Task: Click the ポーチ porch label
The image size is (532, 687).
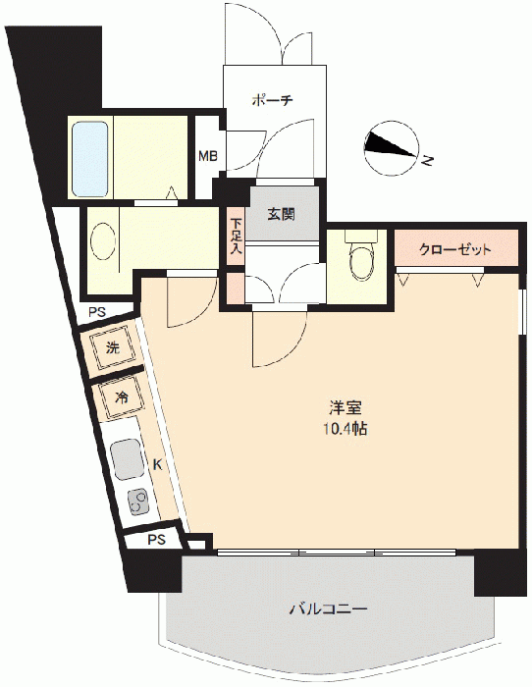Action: (x=272, y=100)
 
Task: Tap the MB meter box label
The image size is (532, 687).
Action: (x=208, y=156)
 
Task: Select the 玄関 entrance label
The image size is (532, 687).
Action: (x=282, y=214)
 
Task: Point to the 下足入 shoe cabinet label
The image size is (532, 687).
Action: (x=237, y=237)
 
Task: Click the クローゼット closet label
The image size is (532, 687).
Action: (x=455, y=249)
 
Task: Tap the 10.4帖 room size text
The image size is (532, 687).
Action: (x=346, y=430)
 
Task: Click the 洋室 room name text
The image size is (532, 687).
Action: (x=346, y=408)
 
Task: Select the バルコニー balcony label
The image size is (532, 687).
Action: (x=328, y=608)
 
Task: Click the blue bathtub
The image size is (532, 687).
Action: (x=90, y=159)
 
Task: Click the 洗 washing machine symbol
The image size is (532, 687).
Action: (x=113, y=348)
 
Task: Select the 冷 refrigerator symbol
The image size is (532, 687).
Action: (x=122, y=397)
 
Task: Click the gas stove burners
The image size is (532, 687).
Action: (x=139, y=502)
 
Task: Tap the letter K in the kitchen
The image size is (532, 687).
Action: (x=157, y=465)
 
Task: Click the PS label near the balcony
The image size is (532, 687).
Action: (x=156, y=540)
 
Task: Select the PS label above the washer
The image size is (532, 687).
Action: (x=97, y=312)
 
